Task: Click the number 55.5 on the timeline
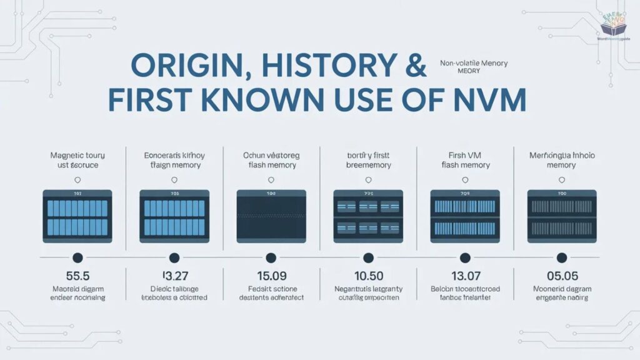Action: [x=77, y=275]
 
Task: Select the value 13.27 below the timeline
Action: [x=174, y=275]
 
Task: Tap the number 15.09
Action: [x=271, y=275]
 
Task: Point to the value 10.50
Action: [x=367, y=275]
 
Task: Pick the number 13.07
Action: [x=464, y=275]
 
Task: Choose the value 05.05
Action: [x=561, y=275]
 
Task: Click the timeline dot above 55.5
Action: [x=77, y=257]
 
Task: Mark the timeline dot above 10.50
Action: [x=367, y=257]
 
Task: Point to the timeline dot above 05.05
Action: [x=561, y=257]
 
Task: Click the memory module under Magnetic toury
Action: [x=77, y=216]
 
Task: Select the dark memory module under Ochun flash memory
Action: [x=271, y=216]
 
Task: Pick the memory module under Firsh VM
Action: [x=464, y=216]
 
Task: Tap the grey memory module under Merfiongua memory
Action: [x=561, y=216]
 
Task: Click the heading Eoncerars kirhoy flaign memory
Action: [x=174, y=159]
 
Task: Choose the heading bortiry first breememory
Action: [x=367, y=159]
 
